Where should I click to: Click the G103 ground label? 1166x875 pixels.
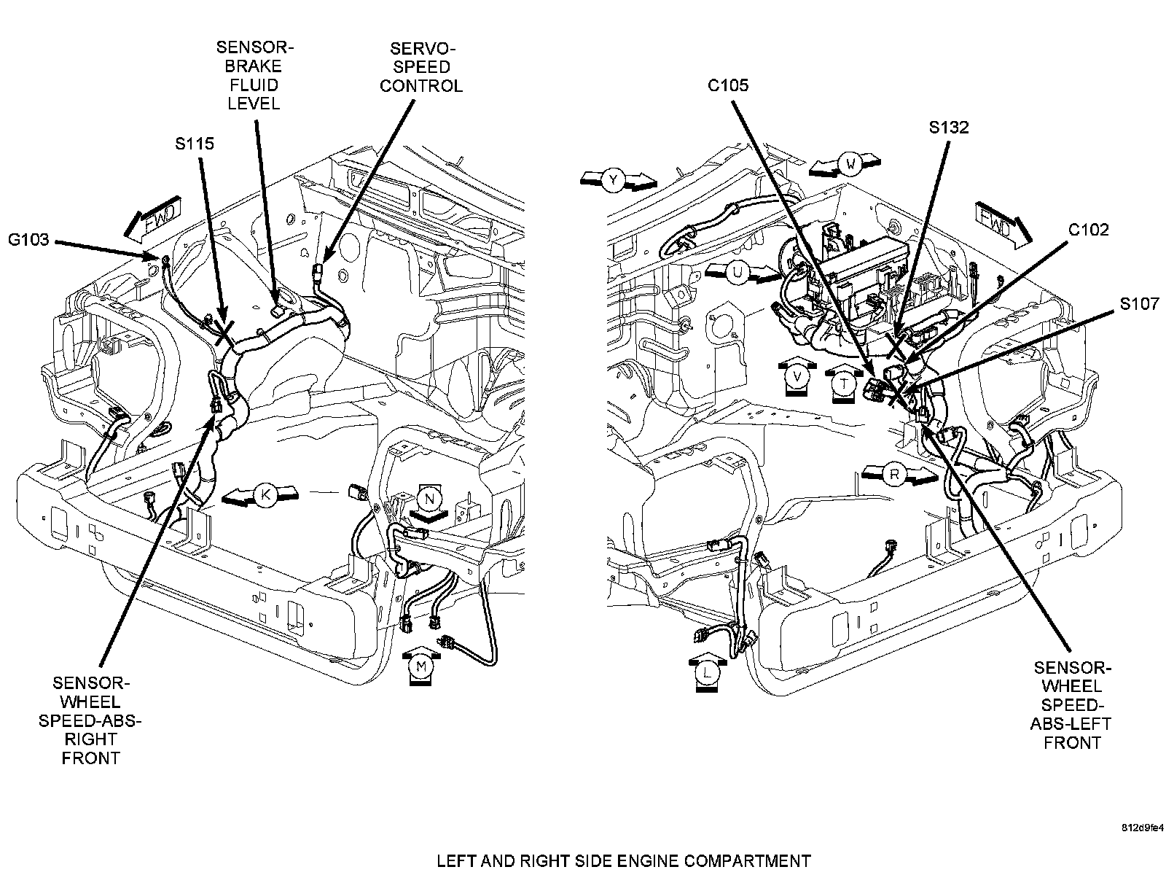28,240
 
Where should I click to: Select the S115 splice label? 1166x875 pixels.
195,144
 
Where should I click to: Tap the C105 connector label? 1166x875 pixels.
728,85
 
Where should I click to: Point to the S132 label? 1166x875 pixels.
949,128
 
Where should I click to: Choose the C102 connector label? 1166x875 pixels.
1089,230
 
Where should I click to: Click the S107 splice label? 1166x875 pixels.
1140,303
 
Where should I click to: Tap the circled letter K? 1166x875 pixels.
265,495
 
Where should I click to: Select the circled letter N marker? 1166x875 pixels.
430,499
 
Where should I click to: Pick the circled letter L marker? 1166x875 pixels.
706,672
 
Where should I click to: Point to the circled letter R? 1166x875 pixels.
895,475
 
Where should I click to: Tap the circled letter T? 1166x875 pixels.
844,384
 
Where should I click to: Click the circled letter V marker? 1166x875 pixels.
797,376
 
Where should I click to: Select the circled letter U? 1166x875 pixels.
737,273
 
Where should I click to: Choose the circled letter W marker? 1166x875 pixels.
851,164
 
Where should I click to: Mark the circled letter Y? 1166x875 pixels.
614,180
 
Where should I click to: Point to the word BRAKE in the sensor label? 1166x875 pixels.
254,66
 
